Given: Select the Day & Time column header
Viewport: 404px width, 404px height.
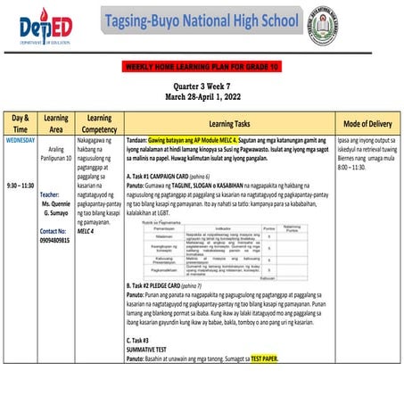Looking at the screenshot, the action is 21,123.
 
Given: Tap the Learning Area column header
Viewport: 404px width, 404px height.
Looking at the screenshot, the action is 56,123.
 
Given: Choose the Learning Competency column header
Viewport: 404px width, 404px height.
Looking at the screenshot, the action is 100,123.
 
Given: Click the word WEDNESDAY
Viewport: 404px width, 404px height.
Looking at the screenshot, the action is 21,140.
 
